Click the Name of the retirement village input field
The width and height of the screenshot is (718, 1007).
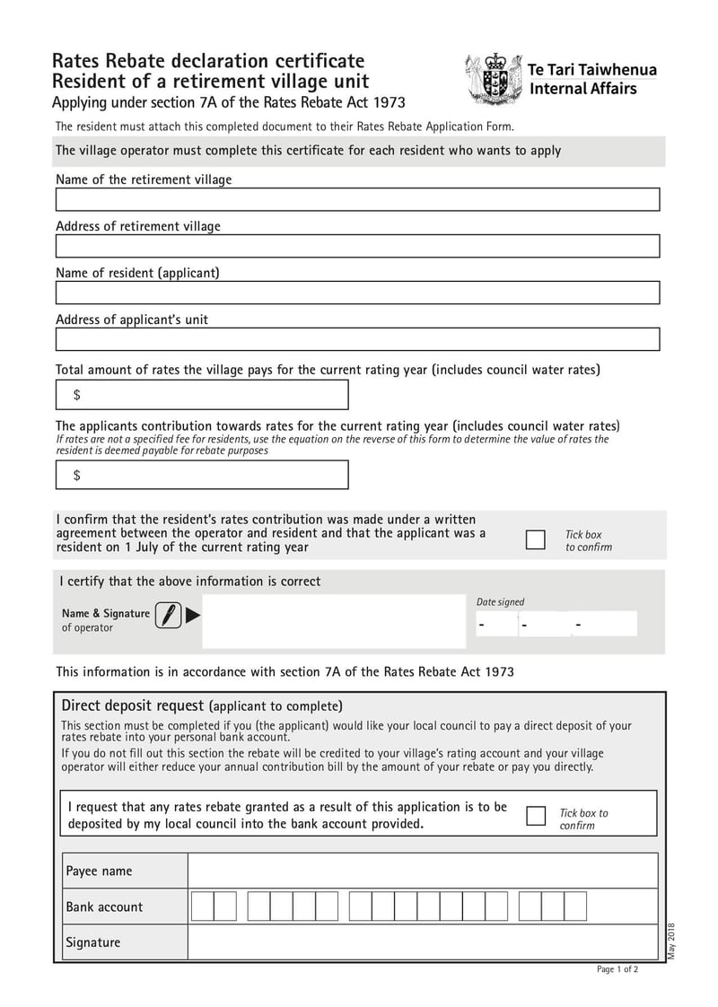click(357, 199)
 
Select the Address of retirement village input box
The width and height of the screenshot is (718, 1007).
click(357, 246)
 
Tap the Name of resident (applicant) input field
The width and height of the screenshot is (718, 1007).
click(357, 293)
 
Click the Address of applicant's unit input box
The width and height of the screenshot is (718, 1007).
click(357, 339)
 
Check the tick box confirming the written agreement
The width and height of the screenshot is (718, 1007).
click(535, 539)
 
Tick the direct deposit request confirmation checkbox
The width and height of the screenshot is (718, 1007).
click(536, 815)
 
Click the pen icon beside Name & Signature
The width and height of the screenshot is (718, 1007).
click(168, 615)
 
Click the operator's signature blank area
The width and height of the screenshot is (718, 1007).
click(332, 620)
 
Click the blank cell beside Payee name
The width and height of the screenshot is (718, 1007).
click(422, 871)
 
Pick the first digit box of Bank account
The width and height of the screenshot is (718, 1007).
click(202, 906)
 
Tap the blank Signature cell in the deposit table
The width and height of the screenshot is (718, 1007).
click(422, 942)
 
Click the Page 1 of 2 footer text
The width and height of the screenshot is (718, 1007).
click(617, 969)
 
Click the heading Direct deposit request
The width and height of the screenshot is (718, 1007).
click(134, 705)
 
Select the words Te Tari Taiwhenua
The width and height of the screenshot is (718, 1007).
click(592, 70)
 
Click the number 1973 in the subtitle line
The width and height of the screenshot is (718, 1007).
click(388, 102)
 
